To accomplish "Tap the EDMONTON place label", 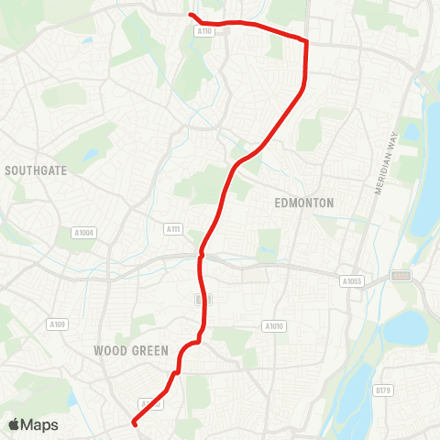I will [x=304, y=203].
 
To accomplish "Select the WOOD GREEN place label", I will [x=131, y=350].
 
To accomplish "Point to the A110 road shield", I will [x=205, y=31].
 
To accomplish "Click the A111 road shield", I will [x=173, y=228].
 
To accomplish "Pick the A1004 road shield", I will [x=82, y=233].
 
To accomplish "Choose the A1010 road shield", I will [x=273, y=325].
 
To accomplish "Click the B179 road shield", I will [x=383, y=390].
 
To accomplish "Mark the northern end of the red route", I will [x=191, y=15].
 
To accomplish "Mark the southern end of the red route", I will [x=135, y=423].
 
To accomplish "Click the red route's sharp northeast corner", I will [x=305, y=41].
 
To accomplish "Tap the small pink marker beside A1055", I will [x=401, y=275].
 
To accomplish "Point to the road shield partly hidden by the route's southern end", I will [x=150, y=402].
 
